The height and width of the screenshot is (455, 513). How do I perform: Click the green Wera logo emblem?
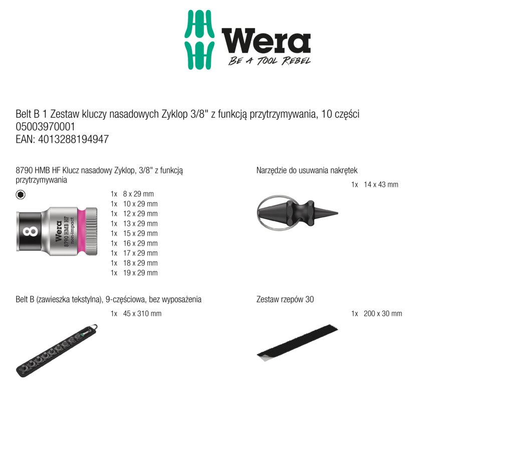click(x=199, y=40)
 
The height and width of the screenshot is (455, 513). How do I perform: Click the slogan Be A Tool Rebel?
click(x=269, y=61)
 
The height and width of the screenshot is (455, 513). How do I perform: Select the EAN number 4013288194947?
click(x=73, y=140)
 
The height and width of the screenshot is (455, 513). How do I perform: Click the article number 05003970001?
click(x=46, y=127)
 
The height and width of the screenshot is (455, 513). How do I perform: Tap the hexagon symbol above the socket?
click(x=21, y=195)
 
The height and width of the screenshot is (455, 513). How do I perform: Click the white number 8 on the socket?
click(x=30, y=231)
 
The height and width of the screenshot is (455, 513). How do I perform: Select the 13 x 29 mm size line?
click(x=134, y=224)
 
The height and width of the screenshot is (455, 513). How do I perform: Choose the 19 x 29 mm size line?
click(x=134, y=273)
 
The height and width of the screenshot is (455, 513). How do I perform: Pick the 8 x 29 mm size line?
click(x=132, y=194)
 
